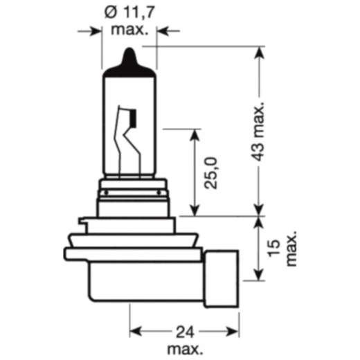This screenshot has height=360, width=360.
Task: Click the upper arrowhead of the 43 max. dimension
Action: (x=260, y=53)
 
